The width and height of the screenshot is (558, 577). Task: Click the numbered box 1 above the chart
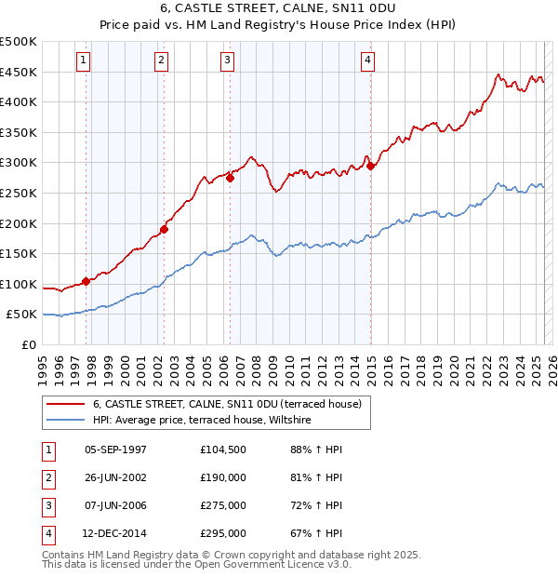(83, 60)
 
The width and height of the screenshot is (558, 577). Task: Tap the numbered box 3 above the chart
(226, 60)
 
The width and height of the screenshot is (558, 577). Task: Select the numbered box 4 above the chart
(368, 60)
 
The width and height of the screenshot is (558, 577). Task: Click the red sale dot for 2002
(164, 229)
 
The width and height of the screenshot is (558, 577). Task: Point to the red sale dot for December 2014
(370, 166)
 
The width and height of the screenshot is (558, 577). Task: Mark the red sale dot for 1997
(86, 280)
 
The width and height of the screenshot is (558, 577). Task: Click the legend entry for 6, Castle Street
(227, 404)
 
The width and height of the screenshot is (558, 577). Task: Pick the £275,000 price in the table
(223, 505)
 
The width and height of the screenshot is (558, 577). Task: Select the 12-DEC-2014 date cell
(115, 533)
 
